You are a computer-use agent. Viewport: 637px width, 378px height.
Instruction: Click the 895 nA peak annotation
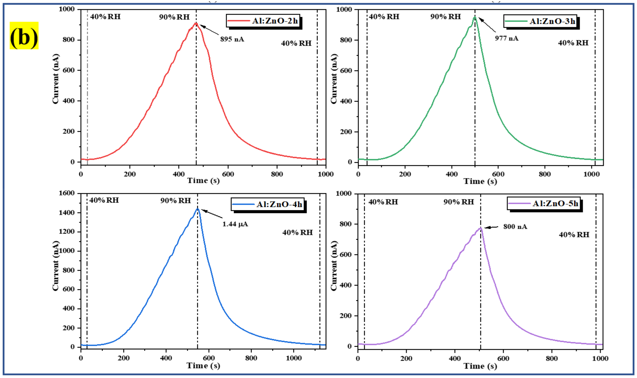coord(232,39)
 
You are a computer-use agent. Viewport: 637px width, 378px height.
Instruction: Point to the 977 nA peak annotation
coord(506,38)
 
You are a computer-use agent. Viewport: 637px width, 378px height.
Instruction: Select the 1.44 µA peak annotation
coord(235,224)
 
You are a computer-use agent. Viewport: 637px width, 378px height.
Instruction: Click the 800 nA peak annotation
coord(515,227)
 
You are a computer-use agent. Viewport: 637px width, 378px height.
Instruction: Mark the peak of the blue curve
coord(197,209)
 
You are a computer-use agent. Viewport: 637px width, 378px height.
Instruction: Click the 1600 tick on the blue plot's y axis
coord(67,193)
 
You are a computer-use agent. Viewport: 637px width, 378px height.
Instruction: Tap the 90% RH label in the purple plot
coord(458,202)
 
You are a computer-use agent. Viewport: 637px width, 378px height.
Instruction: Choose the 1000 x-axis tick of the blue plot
coord(294,358)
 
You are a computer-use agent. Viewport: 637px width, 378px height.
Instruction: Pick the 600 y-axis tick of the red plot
coord(69,70)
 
